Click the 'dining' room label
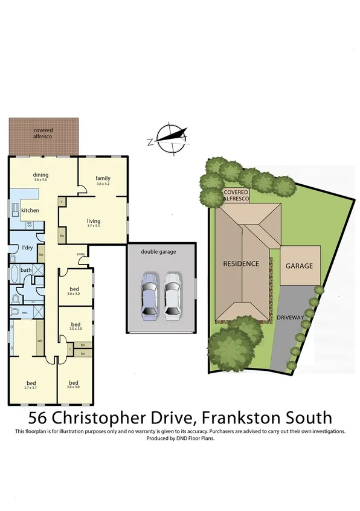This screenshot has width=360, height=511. coord(40,176)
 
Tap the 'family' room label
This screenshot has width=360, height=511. coord(103,178)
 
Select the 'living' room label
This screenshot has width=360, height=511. coord(93,221)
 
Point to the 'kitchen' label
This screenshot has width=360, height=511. coord(30,210)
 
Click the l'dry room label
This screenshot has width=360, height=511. coord(27,248)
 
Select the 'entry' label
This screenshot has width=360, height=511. coord(81,254)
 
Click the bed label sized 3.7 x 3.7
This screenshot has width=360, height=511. coord(30,383)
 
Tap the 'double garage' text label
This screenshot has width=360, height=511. coord(158,251)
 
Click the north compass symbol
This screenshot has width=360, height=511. coord(170,137)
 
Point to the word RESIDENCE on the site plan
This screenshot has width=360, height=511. coord(241,264)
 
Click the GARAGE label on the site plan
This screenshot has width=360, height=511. coord(299,266)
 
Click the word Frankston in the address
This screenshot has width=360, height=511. coord(240,417)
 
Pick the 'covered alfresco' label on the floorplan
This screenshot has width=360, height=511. coord(43,133)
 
